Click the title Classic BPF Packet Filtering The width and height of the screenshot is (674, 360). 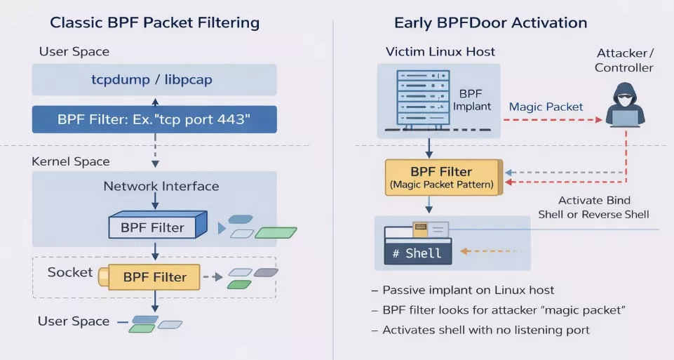tap(155, 22)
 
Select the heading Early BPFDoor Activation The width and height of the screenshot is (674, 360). tap(490, 22)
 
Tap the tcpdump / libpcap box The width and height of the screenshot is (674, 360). tap(154, 79)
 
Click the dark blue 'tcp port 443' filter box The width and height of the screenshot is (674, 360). tap(154, 119)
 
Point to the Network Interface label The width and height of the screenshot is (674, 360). tap(161, 186)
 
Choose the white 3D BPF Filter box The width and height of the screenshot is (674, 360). tap(158, 225)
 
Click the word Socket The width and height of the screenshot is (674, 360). tap(70, 272)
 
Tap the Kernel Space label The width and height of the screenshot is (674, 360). tap(71, 161)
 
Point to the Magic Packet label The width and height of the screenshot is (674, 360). tap(546, 107)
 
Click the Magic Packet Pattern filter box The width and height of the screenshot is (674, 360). tap(443, 178)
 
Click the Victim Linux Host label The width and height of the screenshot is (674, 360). tap(440, 52)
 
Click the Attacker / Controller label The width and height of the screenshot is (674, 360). tap(624, 60)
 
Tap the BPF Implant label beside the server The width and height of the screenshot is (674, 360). tap(471, 100)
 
